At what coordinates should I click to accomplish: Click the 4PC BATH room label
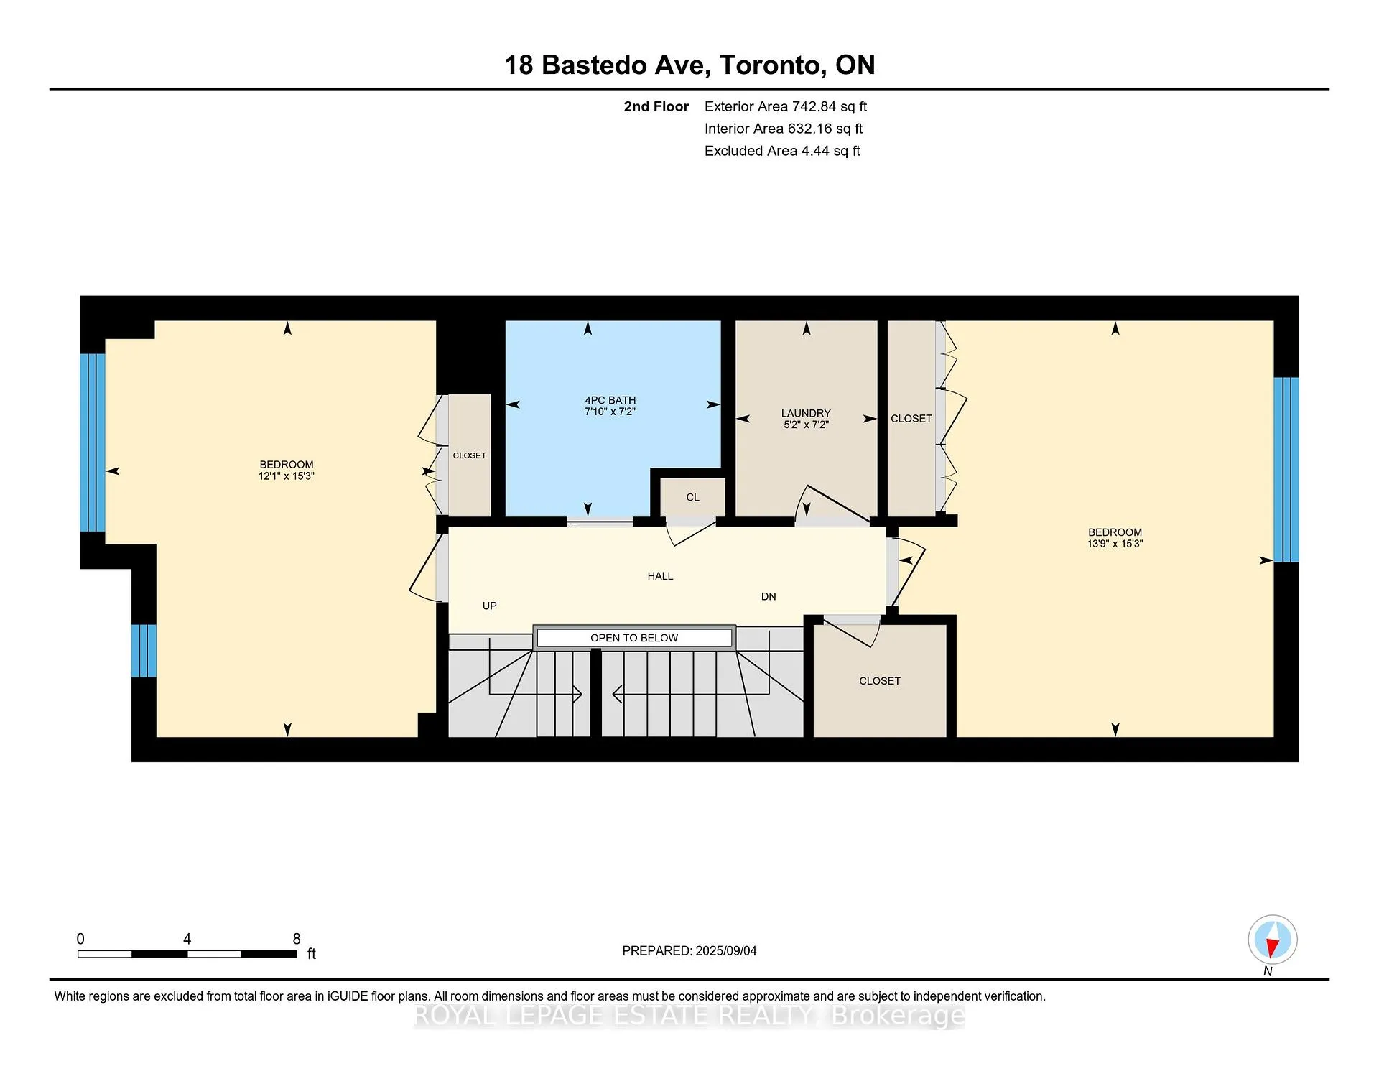(610, 400)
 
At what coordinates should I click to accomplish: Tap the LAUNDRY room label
(806, 413)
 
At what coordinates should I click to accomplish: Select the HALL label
(660, 576)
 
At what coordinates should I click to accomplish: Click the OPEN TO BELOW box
(634, 638)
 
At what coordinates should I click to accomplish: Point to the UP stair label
(490, 606)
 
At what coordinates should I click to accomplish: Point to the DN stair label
(769, 596)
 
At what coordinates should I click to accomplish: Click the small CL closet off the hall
(692, 497)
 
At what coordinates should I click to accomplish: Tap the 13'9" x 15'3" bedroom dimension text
(1115, 544)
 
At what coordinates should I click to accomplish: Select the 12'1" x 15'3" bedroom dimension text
(287, 476)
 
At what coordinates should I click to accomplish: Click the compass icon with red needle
(1272, 940)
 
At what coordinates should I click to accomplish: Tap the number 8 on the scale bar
(297, 939)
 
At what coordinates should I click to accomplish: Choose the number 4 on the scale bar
(187, 939)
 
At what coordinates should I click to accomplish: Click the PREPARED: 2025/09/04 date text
(689, 950)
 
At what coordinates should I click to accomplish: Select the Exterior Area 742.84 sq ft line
(786, 106)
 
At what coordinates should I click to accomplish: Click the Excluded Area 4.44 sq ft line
(782, 151)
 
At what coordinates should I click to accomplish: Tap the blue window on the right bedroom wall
(1286, 470)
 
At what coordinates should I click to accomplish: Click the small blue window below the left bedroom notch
(144, 651)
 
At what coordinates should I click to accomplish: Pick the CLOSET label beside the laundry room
(911, 418)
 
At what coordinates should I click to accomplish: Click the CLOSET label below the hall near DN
(880, 681)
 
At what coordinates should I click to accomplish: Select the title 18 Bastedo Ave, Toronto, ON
(689, 65)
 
